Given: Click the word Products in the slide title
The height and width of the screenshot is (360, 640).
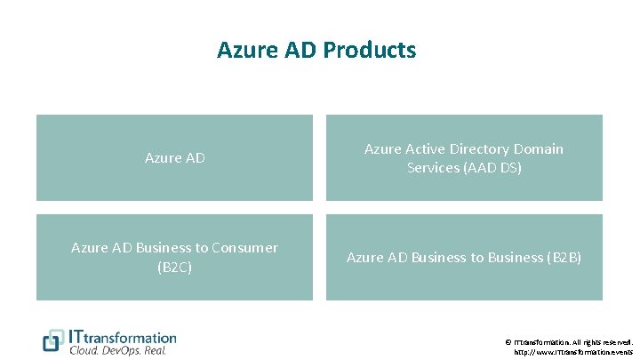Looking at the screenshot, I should click(x=369, y=51).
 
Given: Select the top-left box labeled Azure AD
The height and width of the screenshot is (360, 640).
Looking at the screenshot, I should click(x=174, y=158).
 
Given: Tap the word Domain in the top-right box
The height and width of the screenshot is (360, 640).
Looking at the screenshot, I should click(x=538, y=149).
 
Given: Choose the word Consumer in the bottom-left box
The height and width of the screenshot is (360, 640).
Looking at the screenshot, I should click(x=244, y=248).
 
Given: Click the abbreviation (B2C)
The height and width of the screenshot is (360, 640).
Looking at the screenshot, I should click(x=174, y=266).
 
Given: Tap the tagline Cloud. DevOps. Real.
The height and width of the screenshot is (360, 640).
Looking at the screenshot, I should click(x=117, y=350).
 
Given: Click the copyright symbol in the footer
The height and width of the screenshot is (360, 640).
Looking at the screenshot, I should click(x=508, y=341).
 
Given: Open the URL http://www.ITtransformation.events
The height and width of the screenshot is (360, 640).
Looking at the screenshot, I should click(x=574, y=352).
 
